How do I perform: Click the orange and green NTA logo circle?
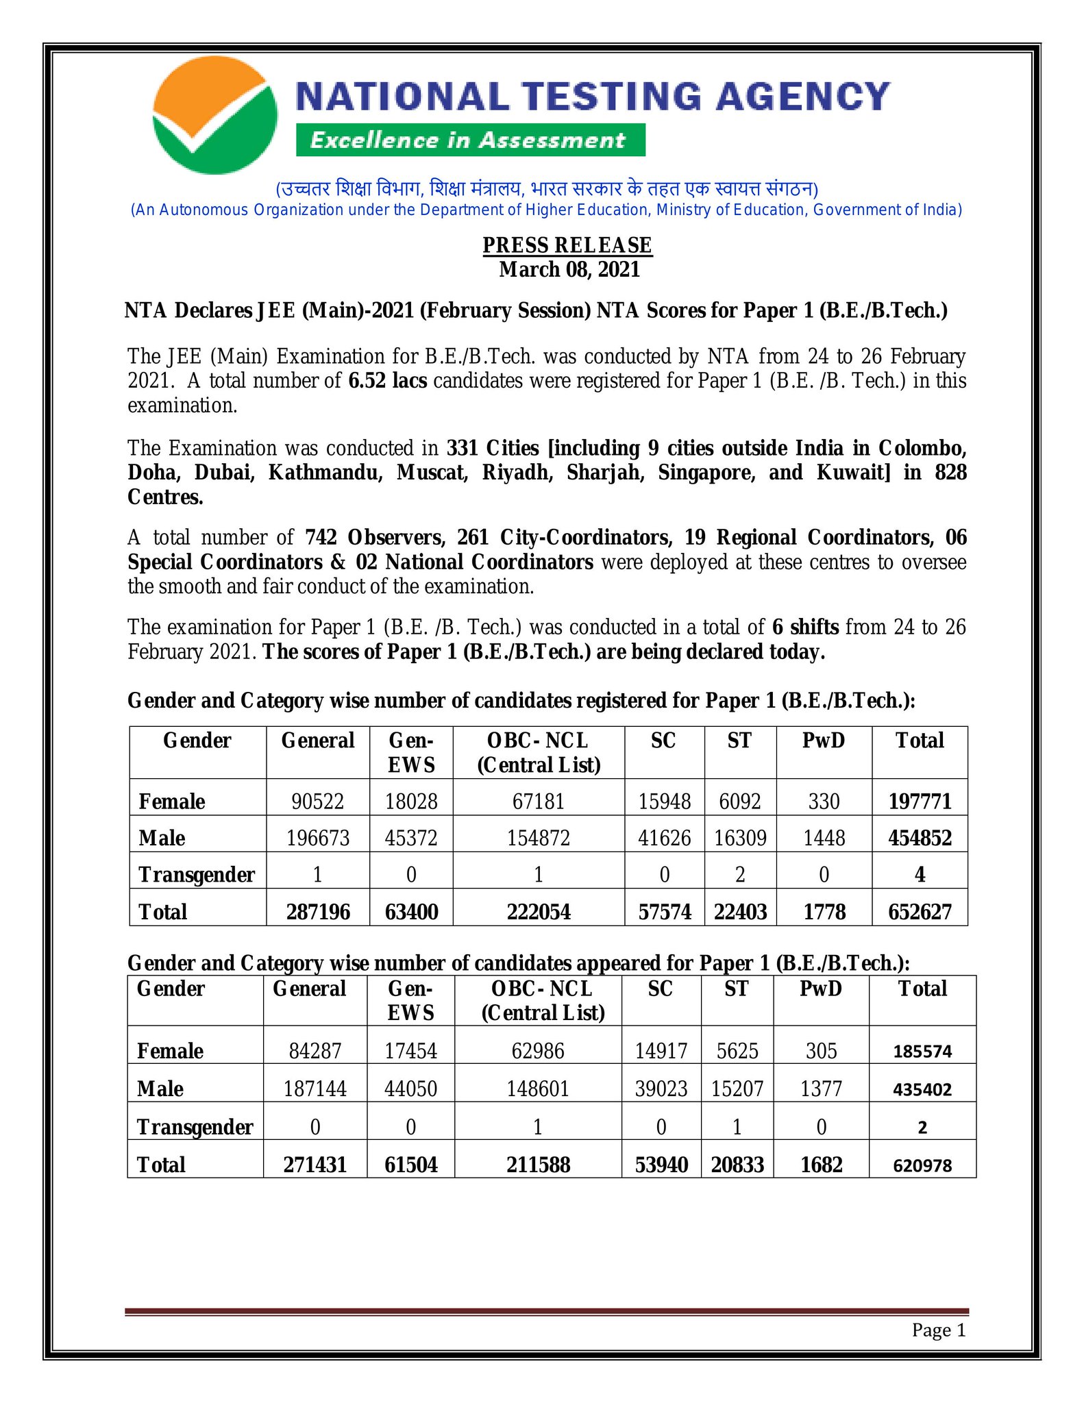pyautogui.click(x=215, y=115)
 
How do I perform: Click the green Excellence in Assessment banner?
pyautogui.click(x=470, y=140)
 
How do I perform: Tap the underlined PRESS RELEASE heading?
pyautogui.click(x=567, y=245)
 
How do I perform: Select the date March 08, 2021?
pyautogui.click(x=569, y=270)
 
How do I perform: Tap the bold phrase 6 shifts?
pyautogui.click(x=805, y=628)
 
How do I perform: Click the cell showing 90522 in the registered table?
pyautogui.click(x=317, y=802)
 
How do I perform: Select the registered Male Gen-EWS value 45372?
pyautogui.click(x=411, y=838)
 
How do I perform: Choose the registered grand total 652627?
pyautogui.click(x=920, y=912)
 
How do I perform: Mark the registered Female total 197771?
pyautogui.click(x=920, y=802)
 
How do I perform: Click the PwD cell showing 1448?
pyautogui.click(x=824, y=838)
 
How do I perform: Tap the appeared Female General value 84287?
pyautogui.click(x=315, y=1051)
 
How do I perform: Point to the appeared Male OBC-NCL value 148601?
pyautogui.click(x=538, y=1089)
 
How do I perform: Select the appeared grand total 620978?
pyautogui.click(x=922, y=1165)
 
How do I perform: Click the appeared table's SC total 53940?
pyautogui.click(x=661, y=1165)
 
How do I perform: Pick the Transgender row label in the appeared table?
pyautogui.click(x=195, y=1127)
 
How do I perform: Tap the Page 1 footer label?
pyautogui.click(x=939, y=1330)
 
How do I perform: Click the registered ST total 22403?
pyautogui.click(x=740, y=912)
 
